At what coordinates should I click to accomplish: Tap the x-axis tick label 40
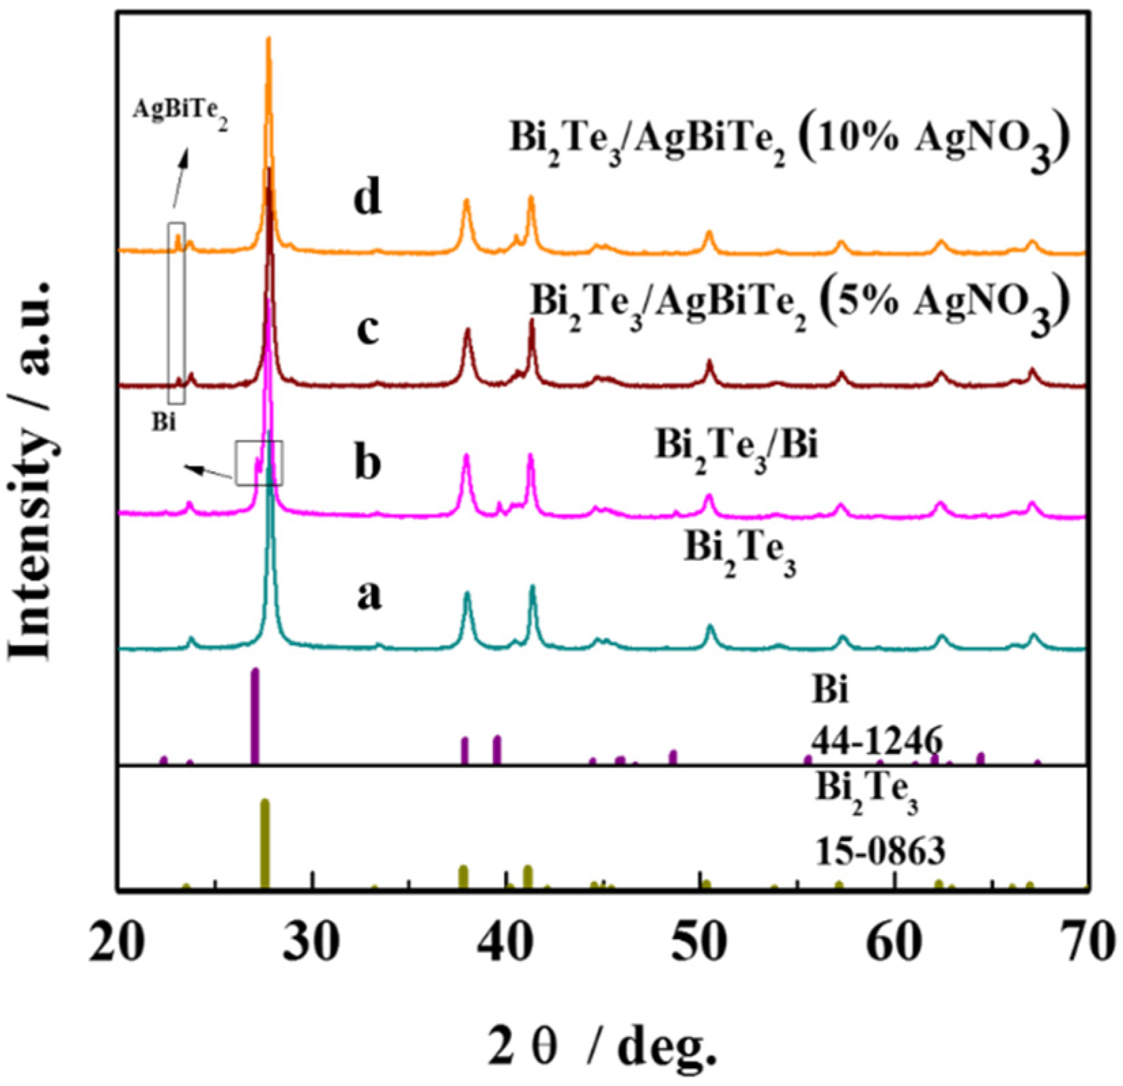(507, 946)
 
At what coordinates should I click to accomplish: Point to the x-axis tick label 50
(700, 946)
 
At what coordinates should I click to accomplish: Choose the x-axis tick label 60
(894, 946)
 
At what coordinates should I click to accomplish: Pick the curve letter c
(368, 332)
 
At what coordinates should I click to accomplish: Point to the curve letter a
(369, 596)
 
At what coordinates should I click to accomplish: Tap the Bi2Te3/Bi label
(737, 449)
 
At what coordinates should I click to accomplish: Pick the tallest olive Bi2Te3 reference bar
(265, 843)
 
